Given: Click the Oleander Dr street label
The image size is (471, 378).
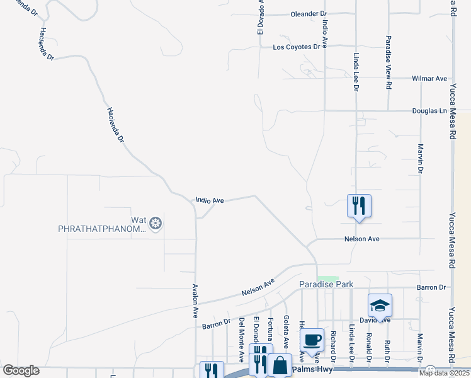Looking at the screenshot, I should [309, 14].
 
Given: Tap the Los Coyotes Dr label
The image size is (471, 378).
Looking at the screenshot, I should [297, 47].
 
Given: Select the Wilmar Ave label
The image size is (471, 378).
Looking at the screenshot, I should [429, 79].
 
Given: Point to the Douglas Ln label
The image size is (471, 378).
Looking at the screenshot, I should [429, 111].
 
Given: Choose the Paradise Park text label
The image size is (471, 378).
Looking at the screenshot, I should [326, 285].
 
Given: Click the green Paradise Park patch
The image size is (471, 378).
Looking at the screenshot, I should [327, 278].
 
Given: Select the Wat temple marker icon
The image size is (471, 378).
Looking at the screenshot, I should [155, 222].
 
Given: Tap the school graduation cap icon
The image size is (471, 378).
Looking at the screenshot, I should [380, 306].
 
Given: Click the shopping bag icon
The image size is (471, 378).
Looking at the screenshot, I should [279, 365].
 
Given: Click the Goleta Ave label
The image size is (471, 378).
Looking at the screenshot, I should [286, 332].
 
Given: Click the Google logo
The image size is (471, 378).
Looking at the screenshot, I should [21, 370].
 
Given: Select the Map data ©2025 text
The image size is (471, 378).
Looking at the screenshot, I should [443, 373].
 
